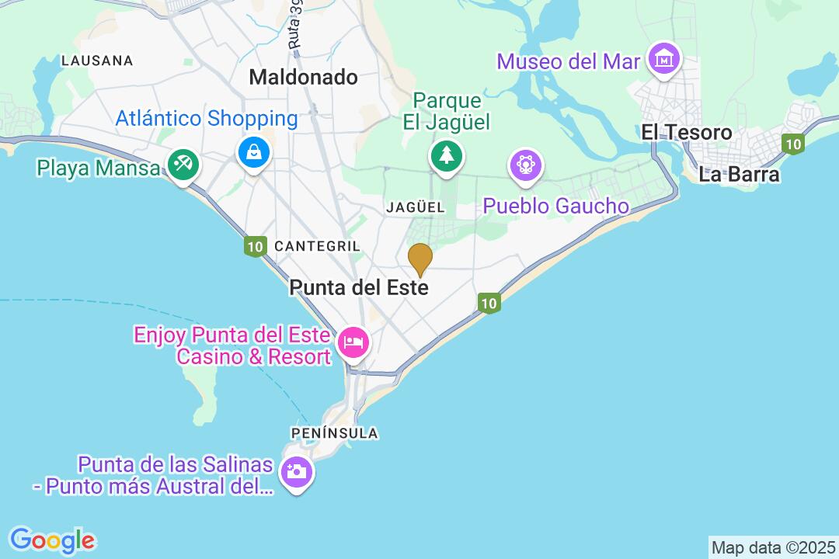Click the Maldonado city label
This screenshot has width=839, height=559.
303,77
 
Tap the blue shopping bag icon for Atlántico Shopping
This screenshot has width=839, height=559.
254,151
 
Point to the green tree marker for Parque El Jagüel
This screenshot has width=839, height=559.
446,155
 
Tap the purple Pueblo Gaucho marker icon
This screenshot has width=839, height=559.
526,165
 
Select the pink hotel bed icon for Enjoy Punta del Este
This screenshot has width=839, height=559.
353,342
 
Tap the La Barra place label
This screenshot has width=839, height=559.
739,174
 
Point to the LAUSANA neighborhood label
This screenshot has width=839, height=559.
97,61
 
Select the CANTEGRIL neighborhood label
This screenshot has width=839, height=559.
317,246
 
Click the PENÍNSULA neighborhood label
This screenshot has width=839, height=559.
335,433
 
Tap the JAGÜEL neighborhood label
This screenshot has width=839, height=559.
416,207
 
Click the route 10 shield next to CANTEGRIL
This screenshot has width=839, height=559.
254,247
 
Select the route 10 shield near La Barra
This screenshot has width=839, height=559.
792,144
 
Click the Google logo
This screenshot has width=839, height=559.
52,540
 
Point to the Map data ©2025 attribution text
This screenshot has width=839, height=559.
772,547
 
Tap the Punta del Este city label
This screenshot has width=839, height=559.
358,287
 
